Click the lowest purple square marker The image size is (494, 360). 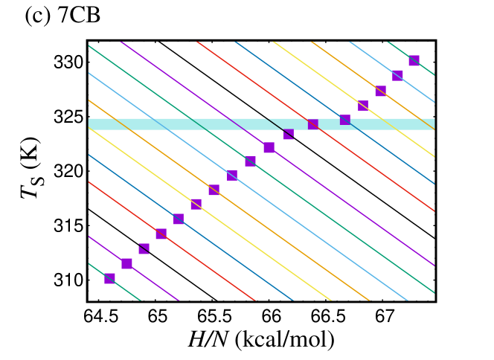(109, 278)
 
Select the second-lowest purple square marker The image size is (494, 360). (126, 263)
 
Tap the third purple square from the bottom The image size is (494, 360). (144, 248)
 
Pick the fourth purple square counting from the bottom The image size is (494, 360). (161, 234)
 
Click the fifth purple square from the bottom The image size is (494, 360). (179, 219)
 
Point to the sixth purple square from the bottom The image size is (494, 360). (196, 204)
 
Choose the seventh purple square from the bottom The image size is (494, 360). (214, 190)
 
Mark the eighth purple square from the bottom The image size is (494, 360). (232, 176)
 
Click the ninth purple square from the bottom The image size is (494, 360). (250, 161)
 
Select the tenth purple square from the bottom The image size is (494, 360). (269, 147)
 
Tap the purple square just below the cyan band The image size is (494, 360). (289, 135)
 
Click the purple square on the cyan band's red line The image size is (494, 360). (313, 124)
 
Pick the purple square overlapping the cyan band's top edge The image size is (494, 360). (345, 119)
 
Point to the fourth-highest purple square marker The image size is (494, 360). (363, 106)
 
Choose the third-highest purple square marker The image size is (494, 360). (380, 91)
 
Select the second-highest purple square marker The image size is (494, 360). (397, 75)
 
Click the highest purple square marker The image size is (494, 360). (414, 60)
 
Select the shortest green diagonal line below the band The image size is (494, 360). (115, 283)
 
